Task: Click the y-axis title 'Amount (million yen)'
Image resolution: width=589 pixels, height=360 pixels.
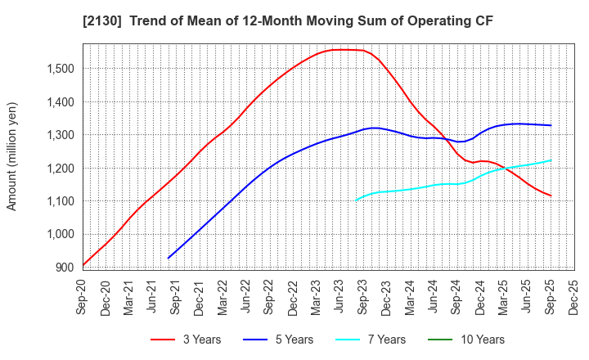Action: coord(12,156)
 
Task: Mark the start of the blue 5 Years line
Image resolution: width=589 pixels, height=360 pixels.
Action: coord(169,258)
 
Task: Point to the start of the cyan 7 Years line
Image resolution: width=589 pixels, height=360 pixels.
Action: coord(356,200)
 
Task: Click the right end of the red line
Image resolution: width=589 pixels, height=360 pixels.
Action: coord(551,196)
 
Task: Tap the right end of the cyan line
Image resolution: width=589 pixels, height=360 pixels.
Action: coord(551,160)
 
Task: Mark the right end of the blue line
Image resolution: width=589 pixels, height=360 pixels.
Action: coord(551,125)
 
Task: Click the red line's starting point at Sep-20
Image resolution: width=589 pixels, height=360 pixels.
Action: coord(83,265)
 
